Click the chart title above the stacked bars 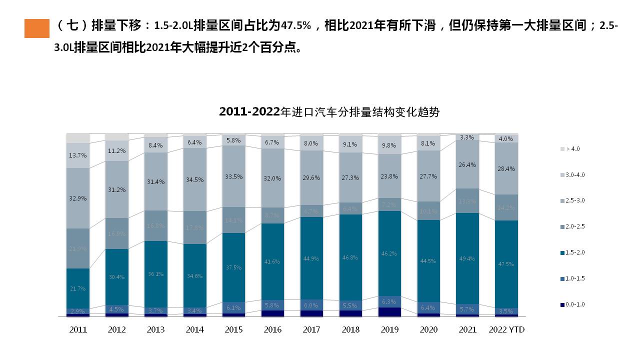tap(329, 112)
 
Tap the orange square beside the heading tap(37, 28)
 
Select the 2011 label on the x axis tap(78, 330)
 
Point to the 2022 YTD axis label tap(506, 330)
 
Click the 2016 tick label tap(273, 330)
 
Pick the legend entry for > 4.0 tap(569, 149)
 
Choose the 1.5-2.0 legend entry tap(572, 252)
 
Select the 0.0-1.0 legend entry tap(572, 304)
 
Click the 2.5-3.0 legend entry tap(572, 200)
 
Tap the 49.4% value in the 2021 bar tap(467, 258)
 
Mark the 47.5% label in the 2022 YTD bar tap(506, 264)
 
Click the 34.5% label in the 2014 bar tap(194, 179)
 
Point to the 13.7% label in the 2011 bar tap(78, 155)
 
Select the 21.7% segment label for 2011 tap(78, 288)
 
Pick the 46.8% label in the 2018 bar tap(350, 257)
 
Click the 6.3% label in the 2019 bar tap(389, 302)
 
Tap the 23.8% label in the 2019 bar tap(389, 176)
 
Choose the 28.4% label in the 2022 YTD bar tap(506, 169)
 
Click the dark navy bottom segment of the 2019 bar tap(389, 312)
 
